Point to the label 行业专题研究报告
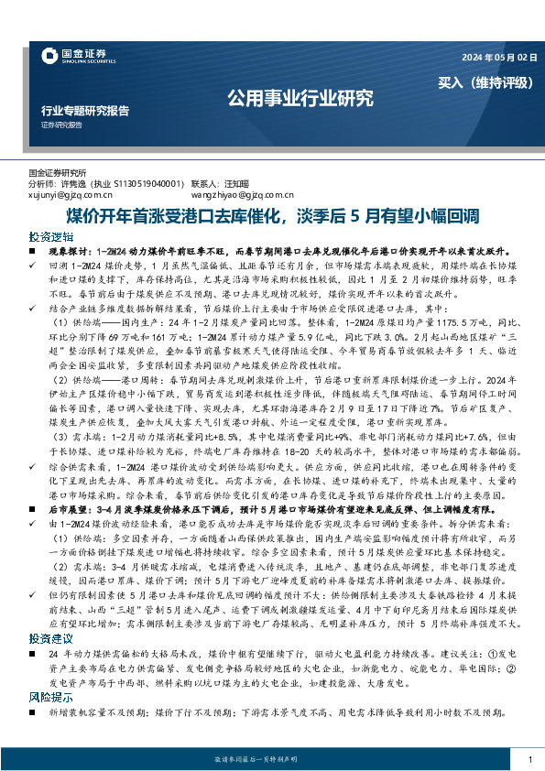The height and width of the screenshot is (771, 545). pyautogui.click(x=86, y=109)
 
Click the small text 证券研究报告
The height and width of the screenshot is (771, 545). pyautogui.click(x=61, y=125)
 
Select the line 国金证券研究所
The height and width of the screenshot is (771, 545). pyautogui.click(x=58, y=172)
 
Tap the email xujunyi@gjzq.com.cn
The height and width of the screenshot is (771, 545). pyautogui.click(x=71, y=195)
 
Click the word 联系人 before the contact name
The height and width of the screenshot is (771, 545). pyautogui.click(x=207, y=183)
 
